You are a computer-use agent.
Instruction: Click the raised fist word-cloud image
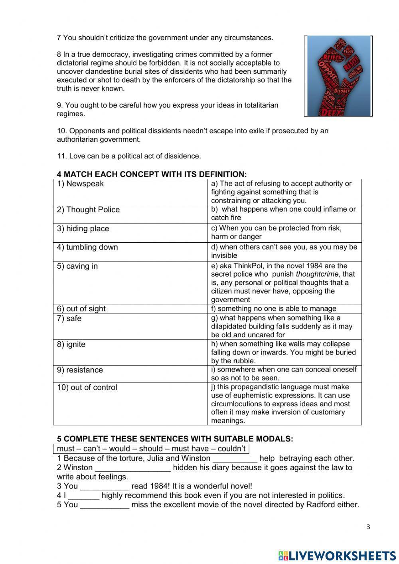[x=338, y=76]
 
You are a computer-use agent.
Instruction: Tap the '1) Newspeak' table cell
[x=130, y=192]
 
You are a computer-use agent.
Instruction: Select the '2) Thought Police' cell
[x=130, y=214]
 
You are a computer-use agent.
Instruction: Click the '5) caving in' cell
[x=130, y=283]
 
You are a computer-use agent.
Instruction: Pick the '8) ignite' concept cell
[x=130, y=352]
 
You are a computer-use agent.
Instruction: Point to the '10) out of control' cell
[x=130, y=404]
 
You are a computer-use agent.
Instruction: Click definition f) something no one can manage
[x=284, y=309]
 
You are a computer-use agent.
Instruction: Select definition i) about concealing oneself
[x=284, y=374]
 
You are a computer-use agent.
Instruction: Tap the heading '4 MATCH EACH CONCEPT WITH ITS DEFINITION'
[x=152, y=174]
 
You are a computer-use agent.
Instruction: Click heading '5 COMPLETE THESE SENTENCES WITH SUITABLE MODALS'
[x=175, y=439]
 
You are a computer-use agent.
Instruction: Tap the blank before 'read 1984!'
[x=105, y=486]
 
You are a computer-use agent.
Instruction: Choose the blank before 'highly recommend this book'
[x=84, y=495]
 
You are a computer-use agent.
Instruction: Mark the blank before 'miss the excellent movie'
[x=105, y=505]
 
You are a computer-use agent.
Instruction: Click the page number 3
[x=368, y=527]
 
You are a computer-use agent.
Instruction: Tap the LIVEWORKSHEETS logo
[x=337, y=556]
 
